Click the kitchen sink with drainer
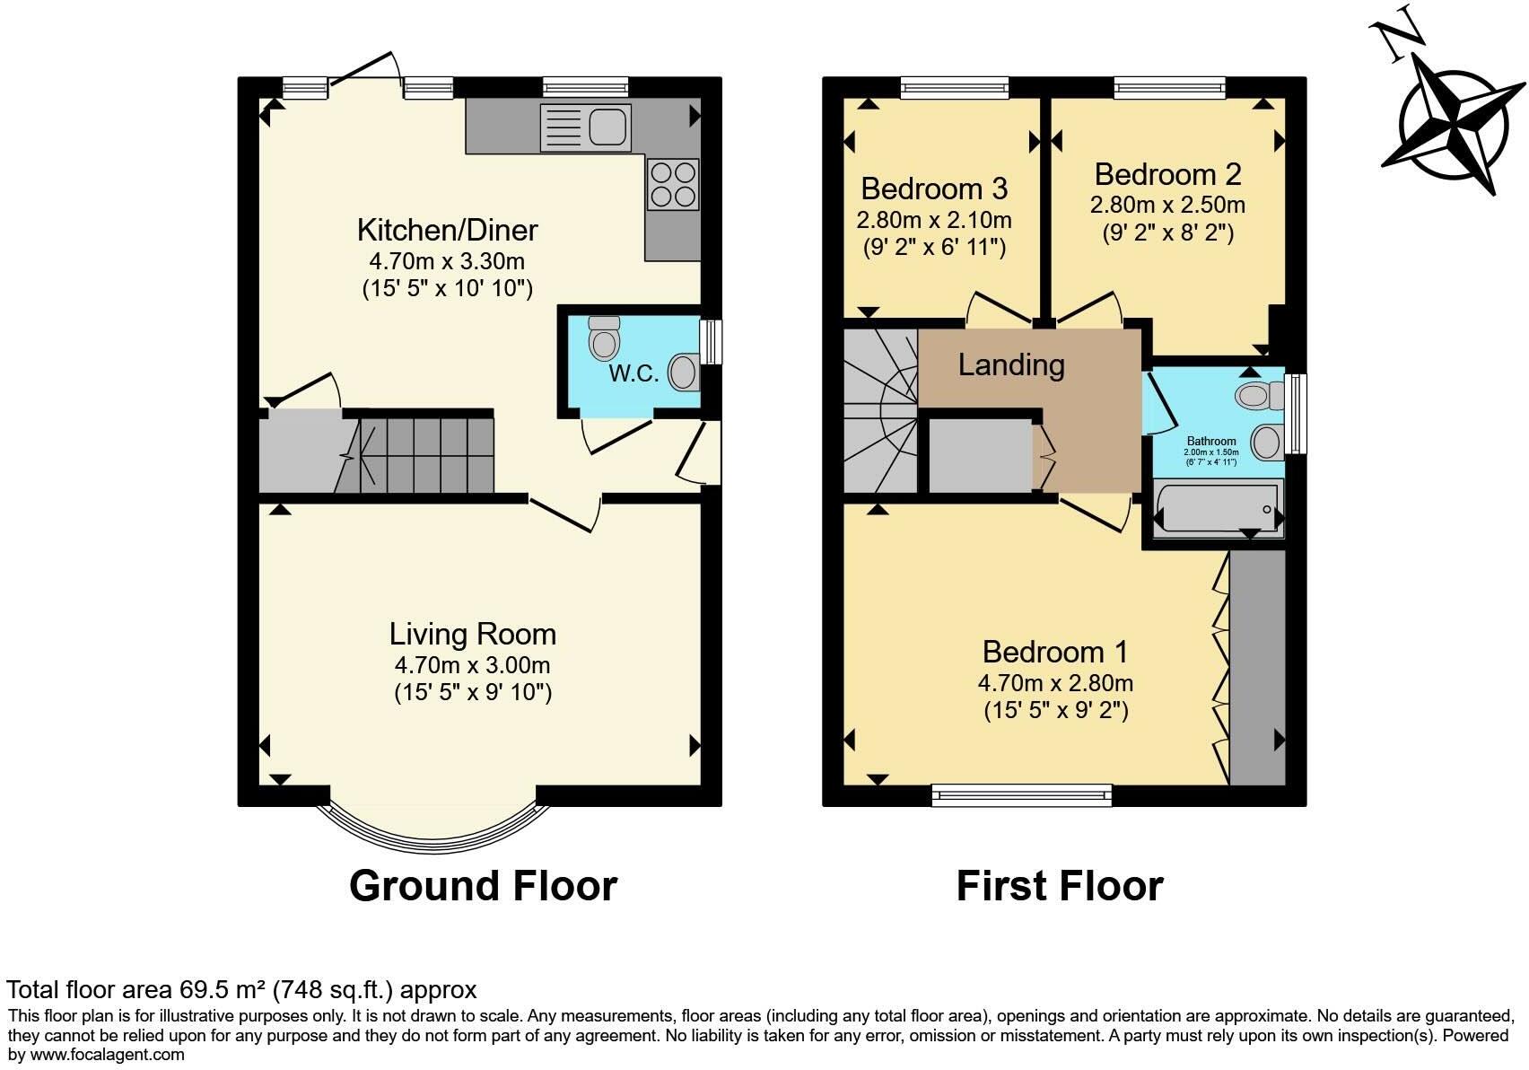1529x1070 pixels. pyautogui.click(x=586, y=127)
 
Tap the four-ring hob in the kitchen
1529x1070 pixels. pyautogui.click(x=673, y=184)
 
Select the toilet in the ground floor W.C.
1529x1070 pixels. pyautogui.click(x=605, y=337)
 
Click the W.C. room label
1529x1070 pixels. pyautogui.click(x=633, y=373)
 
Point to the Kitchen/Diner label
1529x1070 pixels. pyautogui.click(x=447, y=230)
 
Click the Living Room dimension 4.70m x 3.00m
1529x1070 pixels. pyautogui.click(x=472, y=665)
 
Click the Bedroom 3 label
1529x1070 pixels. pyautogui.click(x=933, y=189)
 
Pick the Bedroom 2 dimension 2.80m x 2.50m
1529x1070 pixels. pyautogui.click(x=1166, y=205)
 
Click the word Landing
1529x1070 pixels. pyautogui.click(x=1010, y=364)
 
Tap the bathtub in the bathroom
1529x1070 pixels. pyautogui.click(x=1217, y=510)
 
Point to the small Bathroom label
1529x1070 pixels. pyautogui.click(x=1210, y=441)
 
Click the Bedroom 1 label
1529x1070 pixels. pyautogui.click(x=1054, y=651)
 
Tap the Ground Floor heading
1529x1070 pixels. pyautogui.click(x=483, y=885)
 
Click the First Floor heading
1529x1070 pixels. pyautogui.click(x=1059, y=885)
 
